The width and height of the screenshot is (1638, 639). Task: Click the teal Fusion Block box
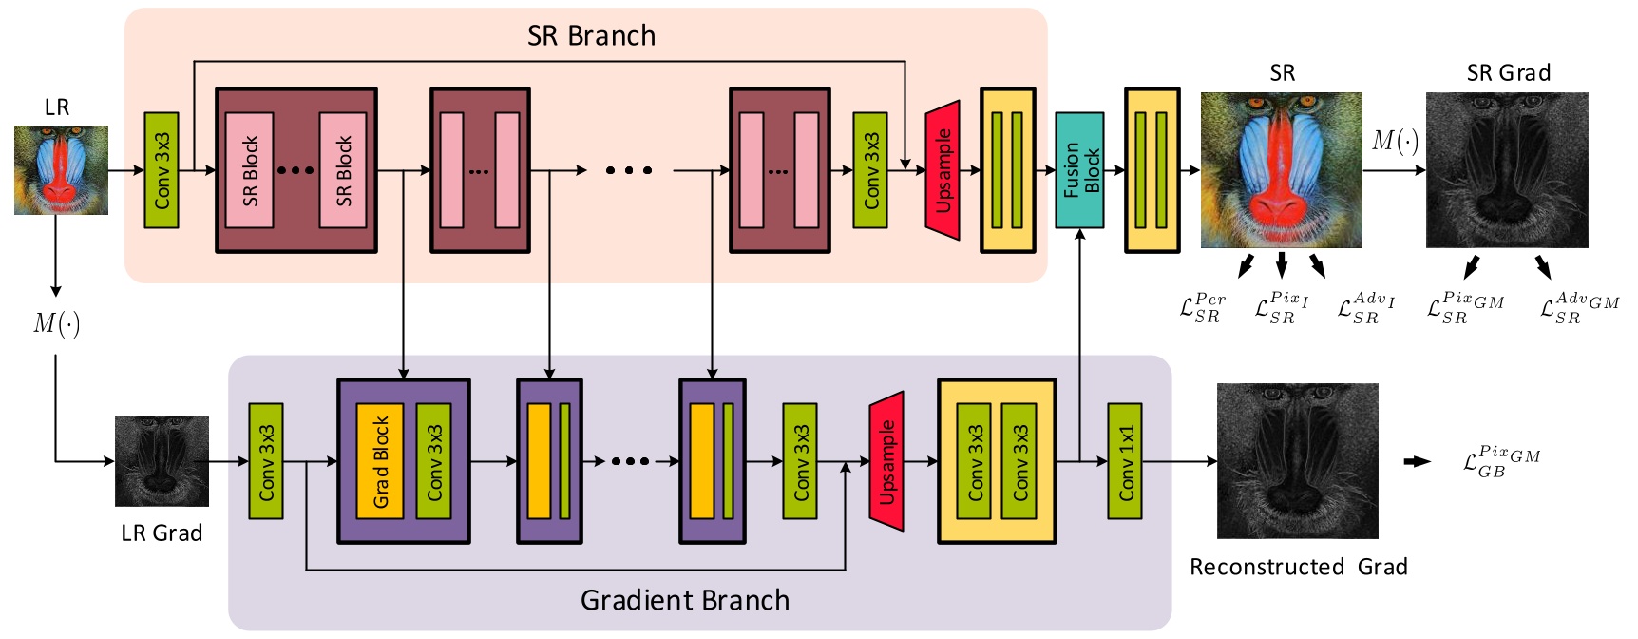point(1079,170)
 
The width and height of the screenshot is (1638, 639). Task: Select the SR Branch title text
point(591,36)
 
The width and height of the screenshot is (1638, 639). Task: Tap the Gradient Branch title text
point(684,600)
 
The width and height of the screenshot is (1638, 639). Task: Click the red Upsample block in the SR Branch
point(943,170)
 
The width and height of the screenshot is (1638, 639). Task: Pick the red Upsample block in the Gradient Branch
point(886,461)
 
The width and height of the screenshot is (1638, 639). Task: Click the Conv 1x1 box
point(1125,461)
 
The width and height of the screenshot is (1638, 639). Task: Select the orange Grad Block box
point(380,461)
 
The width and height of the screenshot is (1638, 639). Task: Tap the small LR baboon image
point(61,169)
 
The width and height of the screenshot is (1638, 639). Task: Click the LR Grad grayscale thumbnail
point(162,460)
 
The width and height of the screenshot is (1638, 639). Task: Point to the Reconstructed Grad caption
point(1298,567)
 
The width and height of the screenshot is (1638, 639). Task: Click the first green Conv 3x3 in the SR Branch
point(162,170)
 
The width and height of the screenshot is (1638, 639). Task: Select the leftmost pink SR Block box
point(250,170)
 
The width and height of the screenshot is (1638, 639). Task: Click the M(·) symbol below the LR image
point(57,324)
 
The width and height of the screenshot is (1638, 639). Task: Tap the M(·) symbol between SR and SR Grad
point(1395,142)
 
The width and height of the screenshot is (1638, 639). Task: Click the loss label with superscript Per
point(1202,308)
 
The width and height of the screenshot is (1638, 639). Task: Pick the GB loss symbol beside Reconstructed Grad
point(1500,461)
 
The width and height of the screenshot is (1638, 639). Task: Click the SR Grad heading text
point(1508,73)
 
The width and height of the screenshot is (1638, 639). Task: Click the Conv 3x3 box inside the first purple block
point(434,461)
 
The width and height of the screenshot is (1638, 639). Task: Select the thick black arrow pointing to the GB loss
point(1417,461)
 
